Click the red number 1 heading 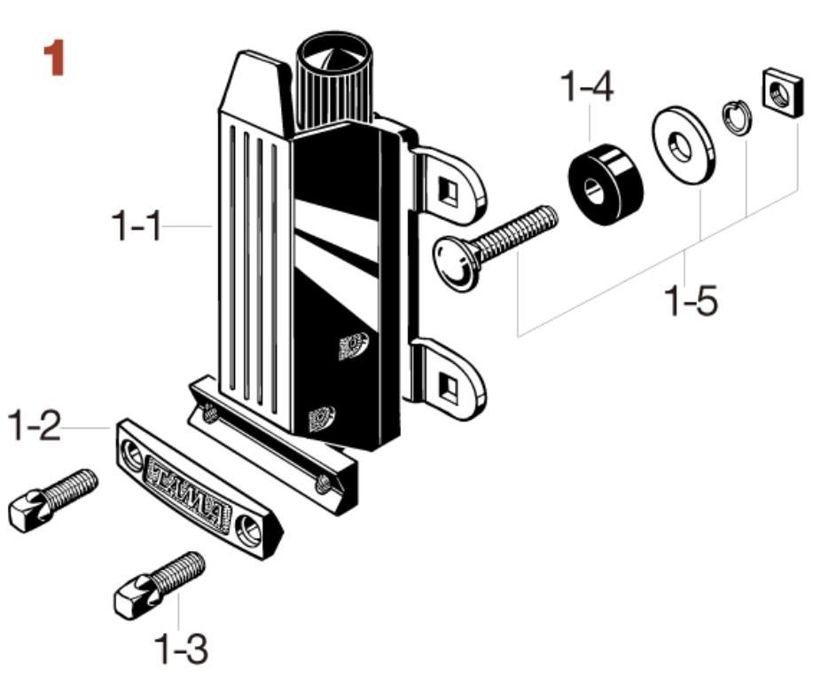(54, 58)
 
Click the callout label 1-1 (137, 225)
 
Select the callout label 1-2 (35, 426)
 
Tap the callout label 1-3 (182, 649)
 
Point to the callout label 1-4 (587, 87)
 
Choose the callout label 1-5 (692, 300)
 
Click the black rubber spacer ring (605, 185)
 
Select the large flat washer (684, 145)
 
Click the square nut (783, 92)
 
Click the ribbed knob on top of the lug (333, 84)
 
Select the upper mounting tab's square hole (449, 192)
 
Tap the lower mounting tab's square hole (449, 387)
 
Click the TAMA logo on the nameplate (188, 492)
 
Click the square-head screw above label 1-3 (160, 585)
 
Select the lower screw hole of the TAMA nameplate (248, 531)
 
